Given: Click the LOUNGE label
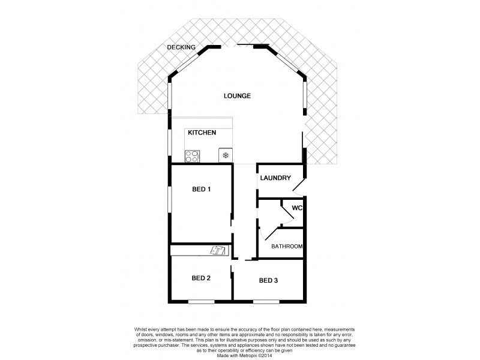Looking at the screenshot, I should (x=237, y=96).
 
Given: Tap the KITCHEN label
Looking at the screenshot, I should (x=202, y=133).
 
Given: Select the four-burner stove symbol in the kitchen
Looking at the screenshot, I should (x=192, y=156).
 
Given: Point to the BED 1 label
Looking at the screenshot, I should (x=202, y=190).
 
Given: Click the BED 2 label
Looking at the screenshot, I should (x=201, y=278).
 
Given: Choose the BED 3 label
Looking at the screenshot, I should (x=269, y=280).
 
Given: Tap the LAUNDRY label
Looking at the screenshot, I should (x=275, y=178).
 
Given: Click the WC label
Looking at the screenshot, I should (x=296, y=208).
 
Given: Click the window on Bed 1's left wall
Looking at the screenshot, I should (x=169, y=198).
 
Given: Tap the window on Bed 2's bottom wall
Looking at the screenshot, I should (x=201, y=301).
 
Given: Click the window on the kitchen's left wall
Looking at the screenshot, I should (x=169, y=144).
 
